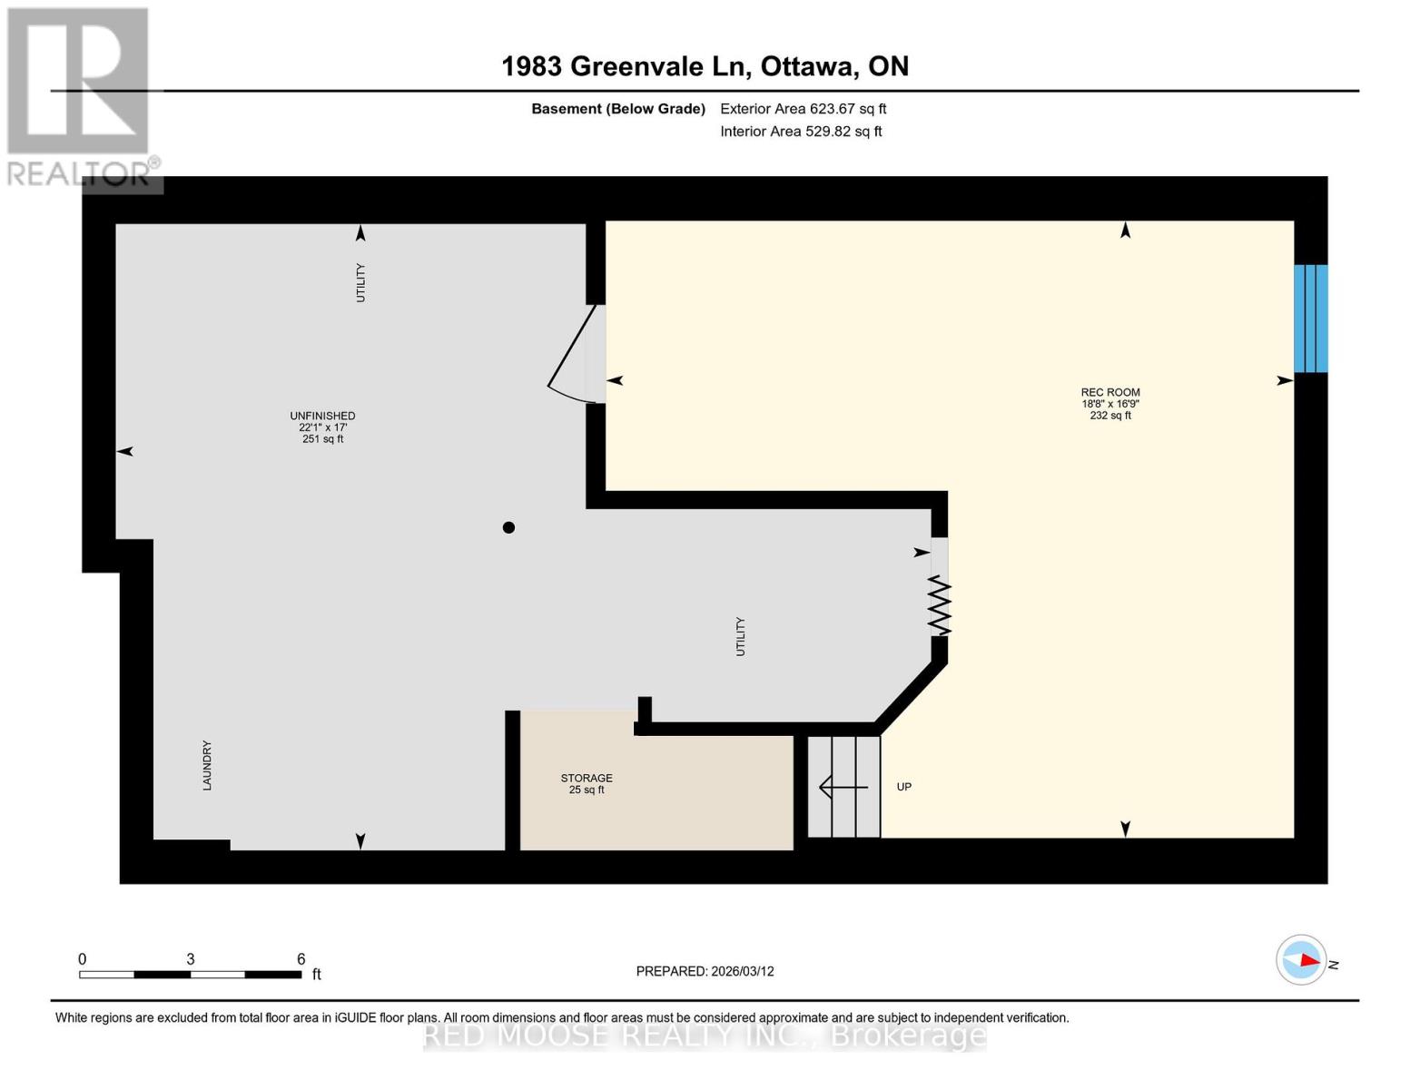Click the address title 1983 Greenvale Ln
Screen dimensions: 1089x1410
pyautogui.click(x=705, y=66)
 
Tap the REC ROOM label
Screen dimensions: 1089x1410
pyautogui.click(x=1110, y=393)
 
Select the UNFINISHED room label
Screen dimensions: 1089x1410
pyautogui.click(x=322, y=417)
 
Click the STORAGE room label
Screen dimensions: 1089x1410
pyautogui.click(x=587, y=779)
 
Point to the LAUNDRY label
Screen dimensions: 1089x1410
pyautogui.click(x=207, y=765)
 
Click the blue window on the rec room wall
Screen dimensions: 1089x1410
pyautogui.click(x=1310, y=319)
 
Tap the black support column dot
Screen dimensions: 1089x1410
pyautogui.click(x=508, y=527)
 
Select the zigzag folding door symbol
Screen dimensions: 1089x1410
pyautogui.click(x=940, y=606)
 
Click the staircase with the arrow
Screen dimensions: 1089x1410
pyautogui.click(x=843, y=787)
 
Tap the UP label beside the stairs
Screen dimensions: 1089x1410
pyautogui.click(x=904, y=787)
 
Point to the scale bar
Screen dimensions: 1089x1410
pyautogui.click(x=190, y=975)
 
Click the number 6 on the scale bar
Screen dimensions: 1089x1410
pyautogui.click(x=301, y=959)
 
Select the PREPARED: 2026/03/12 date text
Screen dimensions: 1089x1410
pyautogui.click(x=705, y=971)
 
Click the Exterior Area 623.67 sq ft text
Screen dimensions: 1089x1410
pyautogui.click(x=803, y=109)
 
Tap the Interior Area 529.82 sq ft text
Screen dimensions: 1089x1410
pyautogui.click(x=801, y=132)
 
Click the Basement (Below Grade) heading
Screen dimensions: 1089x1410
pyautogui.click(x=617, y=109)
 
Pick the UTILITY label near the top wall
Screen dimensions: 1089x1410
pyautogui.click(x=360, y=282)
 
